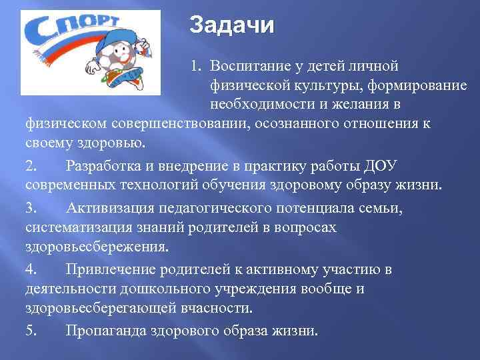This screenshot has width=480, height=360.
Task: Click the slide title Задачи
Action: pyautogui.click(x=231, y=26)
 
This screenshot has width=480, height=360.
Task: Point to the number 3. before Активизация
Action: pyautogui.click(x=33, y=208)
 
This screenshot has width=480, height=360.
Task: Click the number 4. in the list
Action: pyautogui.click(x=33, y=269)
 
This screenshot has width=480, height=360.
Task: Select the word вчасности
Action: pyautogui.click(x=215, y=308)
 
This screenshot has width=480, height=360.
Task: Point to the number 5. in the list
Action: pyautogui.click(x=33, y=331)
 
